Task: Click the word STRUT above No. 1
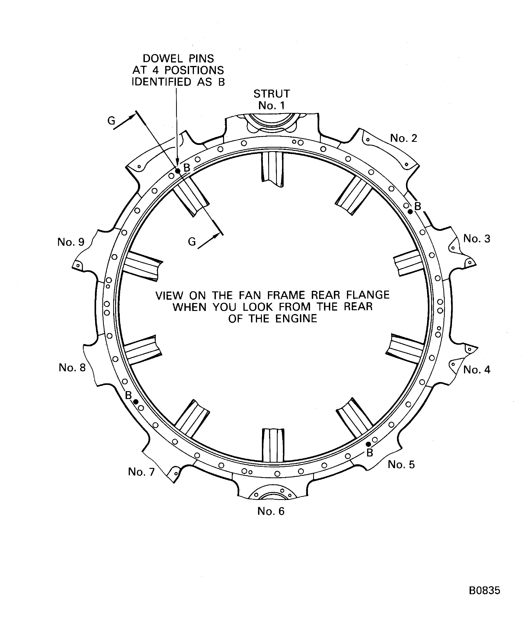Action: (x=271, y=94)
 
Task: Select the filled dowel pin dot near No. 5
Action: (x=368, y=444)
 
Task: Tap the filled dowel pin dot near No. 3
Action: (x=410, y=212)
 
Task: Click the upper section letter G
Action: (x=111, y=121)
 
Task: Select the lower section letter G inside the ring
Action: (x=192, y=242)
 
